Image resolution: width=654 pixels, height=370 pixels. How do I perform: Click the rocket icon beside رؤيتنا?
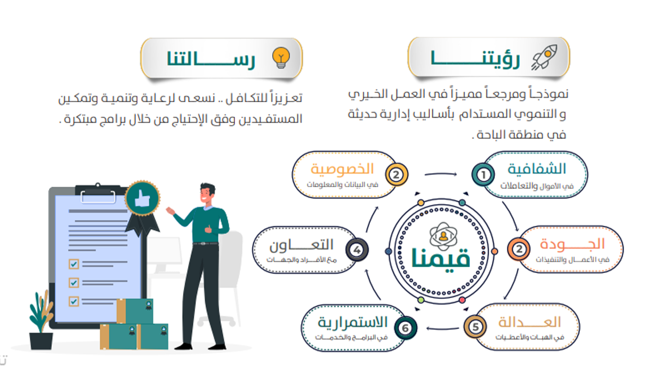pyautogui.click(x=544, y=57)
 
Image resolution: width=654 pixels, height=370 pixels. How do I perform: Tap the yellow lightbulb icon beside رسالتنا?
pyautogui.click(x=281, y=58)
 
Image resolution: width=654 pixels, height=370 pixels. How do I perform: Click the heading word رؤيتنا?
pyautogui.click(x=475, y=59)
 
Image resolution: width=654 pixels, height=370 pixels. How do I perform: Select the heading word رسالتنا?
pyautogui.click(x=211, y=59)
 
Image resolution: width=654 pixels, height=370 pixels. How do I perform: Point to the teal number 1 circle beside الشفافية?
pyautogui.click(x=483, y=175)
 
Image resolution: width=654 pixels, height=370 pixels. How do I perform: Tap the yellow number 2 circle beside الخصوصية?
pyautogui.click(x=397, y=175)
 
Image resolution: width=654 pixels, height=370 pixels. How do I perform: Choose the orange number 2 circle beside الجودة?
pyautogui.click(x=519, y=249)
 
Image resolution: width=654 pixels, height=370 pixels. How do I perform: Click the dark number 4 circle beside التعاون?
pyautogui.click(x=357, y=250)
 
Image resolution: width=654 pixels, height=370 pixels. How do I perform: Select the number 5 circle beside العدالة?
pyautogui.click(x=475, y=327)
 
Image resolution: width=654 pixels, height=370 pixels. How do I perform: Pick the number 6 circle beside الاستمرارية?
pyautogui.click(x=406, y=328)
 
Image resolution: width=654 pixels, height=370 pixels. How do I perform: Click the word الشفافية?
pyautogui.click(x=537, y=169)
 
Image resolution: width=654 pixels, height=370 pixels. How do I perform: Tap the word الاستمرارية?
pyautogui.click(x=352, y=323)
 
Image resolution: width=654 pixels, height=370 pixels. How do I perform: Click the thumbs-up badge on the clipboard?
pyautogui.click(x=142, y=198)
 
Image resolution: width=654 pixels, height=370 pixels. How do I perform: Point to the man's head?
pyautogui.click(x=207, y=194)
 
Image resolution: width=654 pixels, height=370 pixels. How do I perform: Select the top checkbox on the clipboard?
pyautogui.click(x=74, y=264)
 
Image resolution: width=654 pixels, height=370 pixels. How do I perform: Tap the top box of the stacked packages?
pyautogui.click(x=135, y=311)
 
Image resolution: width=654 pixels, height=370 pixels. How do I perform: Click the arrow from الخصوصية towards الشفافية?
pyautogui.click(x=441, y=174)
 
